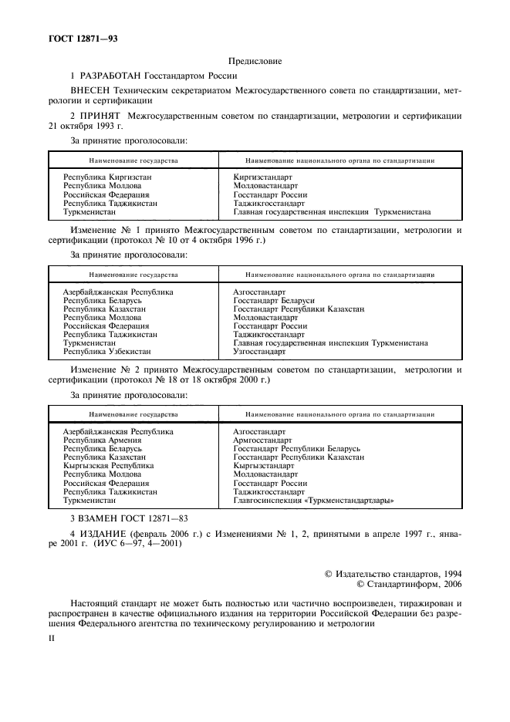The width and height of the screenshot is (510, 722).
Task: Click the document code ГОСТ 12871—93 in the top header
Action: tap(75, 38)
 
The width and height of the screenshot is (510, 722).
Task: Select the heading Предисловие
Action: tap(255, 60)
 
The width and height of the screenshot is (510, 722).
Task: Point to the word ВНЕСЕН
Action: tap(91, 91)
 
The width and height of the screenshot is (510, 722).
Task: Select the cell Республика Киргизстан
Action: tap(107, 177)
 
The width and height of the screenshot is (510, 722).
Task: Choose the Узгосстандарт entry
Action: tap(260, 351)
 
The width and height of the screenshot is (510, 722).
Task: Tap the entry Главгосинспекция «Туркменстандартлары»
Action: tap(313, 500)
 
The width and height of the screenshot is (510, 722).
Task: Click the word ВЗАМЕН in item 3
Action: tap(105, 520)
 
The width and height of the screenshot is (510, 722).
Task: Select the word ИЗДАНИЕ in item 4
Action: tap(107, 535)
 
